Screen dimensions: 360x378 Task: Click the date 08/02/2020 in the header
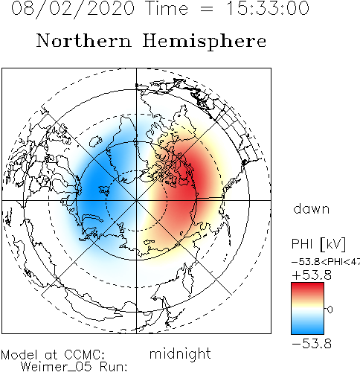[x=73, y=9]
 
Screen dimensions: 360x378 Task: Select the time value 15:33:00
[x=268, y=8]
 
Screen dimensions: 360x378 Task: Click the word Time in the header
[x=167, y=8]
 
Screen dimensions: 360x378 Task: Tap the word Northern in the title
[x=84, y=40]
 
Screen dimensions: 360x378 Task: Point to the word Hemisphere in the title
[x=205, y=42]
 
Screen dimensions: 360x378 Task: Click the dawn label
[x=312, y=208]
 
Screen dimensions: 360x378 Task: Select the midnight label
[x=180, y=354]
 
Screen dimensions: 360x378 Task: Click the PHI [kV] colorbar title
[x=318, y=244]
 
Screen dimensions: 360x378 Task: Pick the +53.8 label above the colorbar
[x=312, y=275]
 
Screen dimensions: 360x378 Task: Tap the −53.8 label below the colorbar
[x=312, y=344]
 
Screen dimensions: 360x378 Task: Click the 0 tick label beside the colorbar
[x=330, y=310]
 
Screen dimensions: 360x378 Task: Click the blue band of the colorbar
[x=307, y=327]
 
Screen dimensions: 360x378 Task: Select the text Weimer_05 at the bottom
[x=56, y=367]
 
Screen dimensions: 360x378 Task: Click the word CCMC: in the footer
[x=84, y=355]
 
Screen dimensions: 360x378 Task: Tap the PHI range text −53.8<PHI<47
[x=326, y=262]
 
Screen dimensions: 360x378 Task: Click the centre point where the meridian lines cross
[x=136, y=200]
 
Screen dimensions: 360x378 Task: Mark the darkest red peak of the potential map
[x=191, y=184]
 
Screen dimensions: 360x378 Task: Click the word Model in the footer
[x=19, y=355]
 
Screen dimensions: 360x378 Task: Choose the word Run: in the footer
[x=114, y=367]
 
